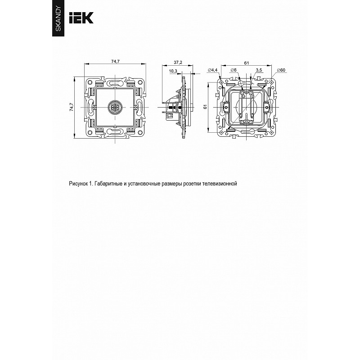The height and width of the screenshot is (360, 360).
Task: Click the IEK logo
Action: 81,18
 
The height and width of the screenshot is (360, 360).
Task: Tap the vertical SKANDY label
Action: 58,18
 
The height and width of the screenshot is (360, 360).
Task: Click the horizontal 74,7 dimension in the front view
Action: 116,61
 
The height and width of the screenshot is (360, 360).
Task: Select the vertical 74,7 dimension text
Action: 72,107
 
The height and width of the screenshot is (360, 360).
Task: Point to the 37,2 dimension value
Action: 178,62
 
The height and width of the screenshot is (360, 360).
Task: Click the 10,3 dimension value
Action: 173,71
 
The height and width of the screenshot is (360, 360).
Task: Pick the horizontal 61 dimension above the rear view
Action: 246,63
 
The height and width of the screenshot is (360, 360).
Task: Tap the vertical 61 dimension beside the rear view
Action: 205,107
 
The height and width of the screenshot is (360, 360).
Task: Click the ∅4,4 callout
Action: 212,70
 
